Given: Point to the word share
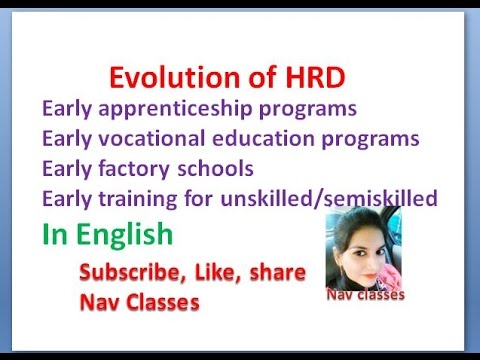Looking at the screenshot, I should pos(270,273).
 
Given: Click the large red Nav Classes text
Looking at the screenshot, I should pos(140,300).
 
